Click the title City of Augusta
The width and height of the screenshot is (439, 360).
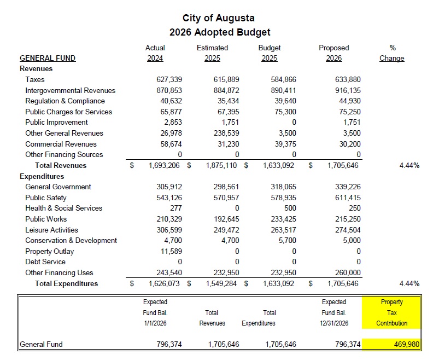click(219, 19)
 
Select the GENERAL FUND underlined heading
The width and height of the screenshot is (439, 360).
click(48, 59)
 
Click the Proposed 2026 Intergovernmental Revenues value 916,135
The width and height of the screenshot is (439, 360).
click(347, 90)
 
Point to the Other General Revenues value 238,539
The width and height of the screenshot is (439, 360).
click(226, 133)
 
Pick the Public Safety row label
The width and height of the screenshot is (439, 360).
click(46, 198)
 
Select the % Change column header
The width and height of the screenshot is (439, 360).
click(391, 54)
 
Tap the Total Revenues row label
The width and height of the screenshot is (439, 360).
click(61, 166)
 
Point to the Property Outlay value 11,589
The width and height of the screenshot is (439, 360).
click(171, 252)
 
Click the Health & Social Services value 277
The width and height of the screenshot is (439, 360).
click(175, 208)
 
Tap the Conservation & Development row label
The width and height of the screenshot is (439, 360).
click(71, 241)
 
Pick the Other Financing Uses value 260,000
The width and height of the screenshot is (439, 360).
click(347, 273)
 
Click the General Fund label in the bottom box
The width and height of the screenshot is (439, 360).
click(41, 345)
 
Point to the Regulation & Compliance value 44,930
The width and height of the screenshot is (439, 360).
click(349, 101)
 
